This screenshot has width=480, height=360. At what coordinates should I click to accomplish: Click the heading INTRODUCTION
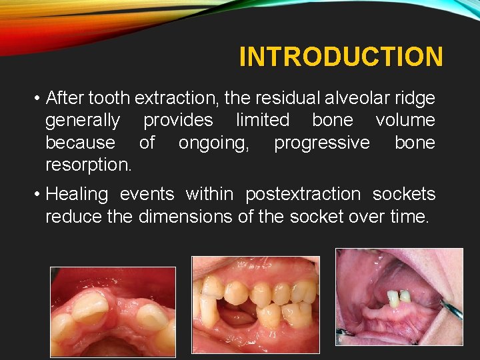click(341, 57)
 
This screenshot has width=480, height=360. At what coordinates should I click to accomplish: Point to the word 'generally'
click(83, 121)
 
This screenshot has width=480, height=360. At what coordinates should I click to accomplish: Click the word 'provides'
click(178, 121)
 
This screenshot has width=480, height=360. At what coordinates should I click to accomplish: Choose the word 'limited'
click(263, 121)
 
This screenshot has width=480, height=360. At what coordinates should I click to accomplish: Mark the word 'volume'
click(405, 121)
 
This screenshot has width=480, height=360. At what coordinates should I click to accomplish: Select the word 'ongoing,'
click(214, 143)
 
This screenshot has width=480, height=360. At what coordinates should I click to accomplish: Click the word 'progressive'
click(321, 143)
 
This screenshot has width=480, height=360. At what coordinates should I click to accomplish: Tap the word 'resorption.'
click(88, 165)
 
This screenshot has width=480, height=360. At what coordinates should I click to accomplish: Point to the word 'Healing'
click(77, 195)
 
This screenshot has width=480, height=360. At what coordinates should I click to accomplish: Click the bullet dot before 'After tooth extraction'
click(36, 99)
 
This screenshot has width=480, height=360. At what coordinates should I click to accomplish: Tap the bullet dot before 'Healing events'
click(36, 195)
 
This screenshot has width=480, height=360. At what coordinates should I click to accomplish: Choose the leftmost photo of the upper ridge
click(113, 311)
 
